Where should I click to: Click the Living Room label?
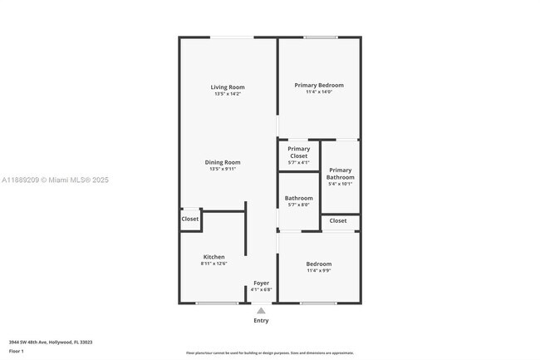tap(227, 87)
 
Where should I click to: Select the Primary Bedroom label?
tap(318, 85)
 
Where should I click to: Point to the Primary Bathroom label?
tap(340, 173)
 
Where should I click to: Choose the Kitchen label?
tap(214, 257)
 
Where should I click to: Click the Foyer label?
tap(261, 283)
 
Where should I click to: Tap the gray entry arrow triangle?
tap(261, 310)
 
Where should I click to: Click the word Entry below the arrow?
tap(261, 320)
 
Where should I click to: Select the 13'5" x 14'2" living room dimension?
tap(227, 94)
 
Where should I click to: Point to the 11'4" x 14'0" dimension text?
tap(318, 92)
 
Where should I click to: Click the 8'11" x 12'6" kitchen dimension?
tap(214, 264)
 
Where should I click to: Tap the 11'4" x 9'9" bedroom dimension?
tap(318, 270)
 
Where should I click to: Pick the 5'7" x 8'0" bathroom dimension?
tap(298, 205)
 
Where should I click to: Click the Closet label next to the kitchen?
tap(190, 219)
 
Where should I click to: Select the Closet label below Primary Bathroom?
tap(338, 220)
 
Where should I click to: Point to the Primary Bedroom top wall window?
tap(320, 37)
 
